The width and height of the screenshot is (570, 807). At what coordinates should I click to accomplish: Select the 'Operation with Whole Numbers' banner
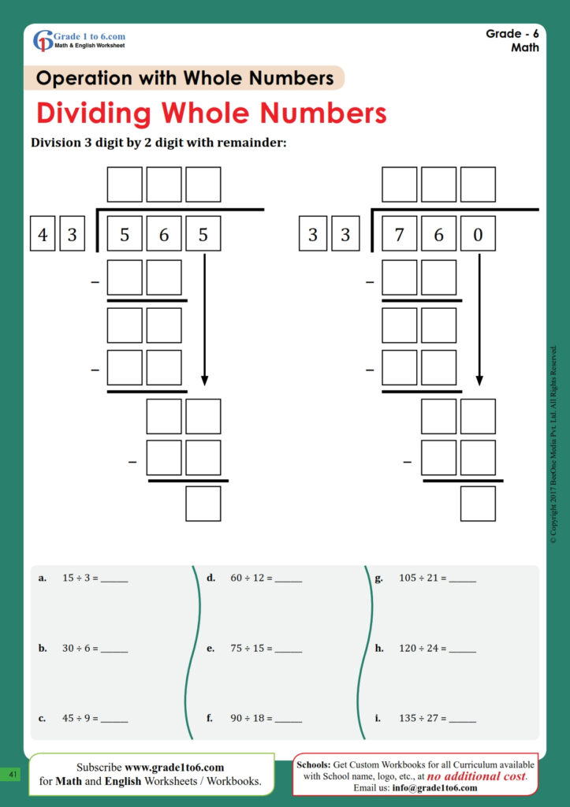pyautogui.click(x=185, y=79)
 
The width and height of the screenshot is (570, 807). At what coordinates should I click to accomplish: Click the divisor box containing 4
pyautogui.click(x=43, y=233)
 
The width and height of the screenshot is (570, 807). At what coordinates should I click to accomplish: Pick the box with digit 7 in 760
pyautogui.click(x=400, y=233)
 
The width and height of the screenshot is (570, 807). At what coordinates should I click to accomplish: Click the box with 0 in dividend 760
pyautogui.click(x=478, y=233)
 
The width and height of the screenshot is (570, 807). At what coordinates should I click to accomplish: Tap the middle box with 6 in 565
pyautogui.click(x=164, y=233)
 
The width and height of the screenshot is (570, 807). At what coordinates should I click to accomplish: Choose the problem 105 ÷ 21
pyautogui.click(x=422, y=578)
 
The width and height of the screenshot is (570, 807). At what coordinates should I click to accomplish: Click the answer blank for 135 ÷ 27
pyautogui.click(x=462, y=719)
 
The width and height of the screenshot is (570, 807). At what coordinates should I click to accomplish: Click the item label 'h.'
pyautogui.click(x=379, y=649)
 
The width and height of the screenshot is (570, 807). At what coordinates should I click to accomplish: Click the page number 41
pyautogui.click(x=13, y=775)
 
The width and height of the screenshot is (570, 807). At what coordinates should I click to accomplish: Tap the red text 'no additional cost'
pyautogui.click(x=475, y=776)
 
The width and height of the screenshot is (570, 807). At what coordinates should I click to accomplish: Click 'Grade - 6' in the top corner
pyautogui.click(x=512, y=34)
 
